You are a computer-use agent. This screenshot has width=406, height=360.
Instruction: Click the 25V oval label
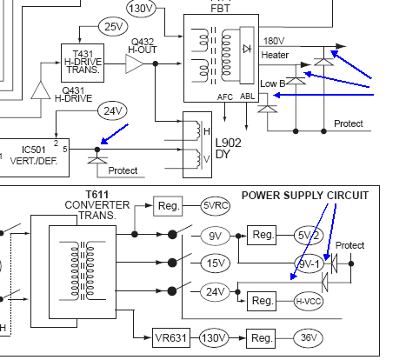coord(113,26)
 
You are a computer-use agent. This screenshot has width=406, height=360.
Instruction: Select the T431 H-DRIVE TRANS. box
coord(83,63)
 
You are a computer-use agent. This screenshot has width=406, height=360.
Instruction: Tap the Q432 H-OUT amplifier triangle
coord(135,63)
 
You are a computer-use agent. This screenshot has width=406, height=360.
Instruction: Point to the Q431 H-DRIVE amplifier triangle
coord(41,90)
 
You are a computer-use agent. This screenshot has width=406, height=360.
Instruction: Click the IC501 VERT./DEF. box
coord(34,157)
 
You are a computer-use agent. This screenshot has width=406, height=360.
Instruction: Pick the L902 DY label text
coord(228,149)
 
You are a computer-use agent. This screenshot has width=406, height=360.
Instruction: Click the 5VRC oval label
coord(216,205)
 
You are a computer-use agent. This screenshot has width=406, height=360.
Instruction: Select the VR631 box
coord(171,337)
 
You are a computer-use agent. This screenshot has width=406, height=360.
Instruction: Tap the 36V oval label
coord(308,337)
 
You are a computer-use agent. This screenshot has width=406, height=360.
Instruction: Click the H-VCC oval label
coord(309,302)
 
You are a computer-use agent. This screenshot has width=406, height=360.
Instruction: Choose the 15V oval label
coord(216,263)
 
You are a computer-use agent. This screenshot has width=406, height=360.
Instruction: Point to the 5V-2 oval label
coord(309,236)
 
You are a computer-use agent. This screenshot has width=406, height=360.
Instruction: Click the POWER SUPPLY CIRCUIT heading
coord(305,196)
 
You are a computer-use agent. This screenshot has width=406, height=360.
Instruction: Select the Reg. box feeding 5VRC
coord(168,206)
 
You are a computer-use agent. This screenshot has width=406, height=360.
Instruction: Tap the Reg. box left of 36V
coord(261,338)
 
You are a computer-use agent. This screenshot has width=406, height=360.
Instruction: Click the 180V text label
coord(274,41)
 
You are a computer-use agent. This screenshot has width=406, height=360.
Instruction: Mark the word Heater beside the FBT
coord(275,55)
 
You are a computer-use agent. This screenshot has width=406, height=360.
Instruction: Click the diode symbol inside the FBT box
coord(247,49)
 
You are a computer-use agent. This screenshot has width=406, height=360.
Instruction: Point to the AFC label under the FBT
coord(225,97)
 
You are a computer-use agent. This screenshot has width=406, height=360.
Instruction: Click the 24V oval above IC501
coord(113,110)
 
